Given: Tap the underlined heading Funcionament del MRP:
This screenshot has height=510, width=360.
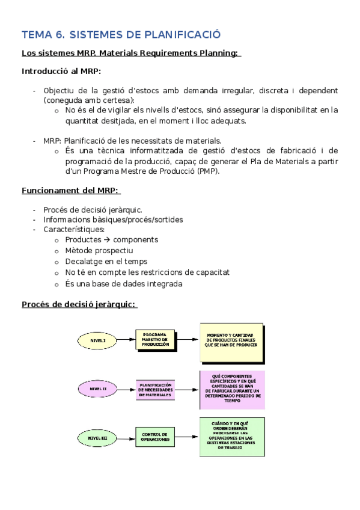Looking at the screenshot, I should point(70,191).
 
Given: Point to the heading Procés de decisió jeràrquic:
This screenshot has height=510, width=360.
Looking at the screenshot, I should point(79,304).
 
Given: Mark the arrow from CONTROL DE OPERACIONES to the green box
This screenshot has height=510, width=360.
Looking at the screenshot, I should point(187,438).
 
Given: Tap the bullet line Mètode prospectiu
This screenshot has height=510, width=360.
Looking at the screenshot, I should point(99,250).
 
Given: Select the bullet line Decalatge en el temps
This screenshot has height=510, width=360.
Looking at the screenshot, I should point(106,261).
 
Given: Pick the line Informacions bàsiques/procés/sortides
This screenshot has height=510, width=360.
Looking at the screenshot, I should point(113,220).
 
